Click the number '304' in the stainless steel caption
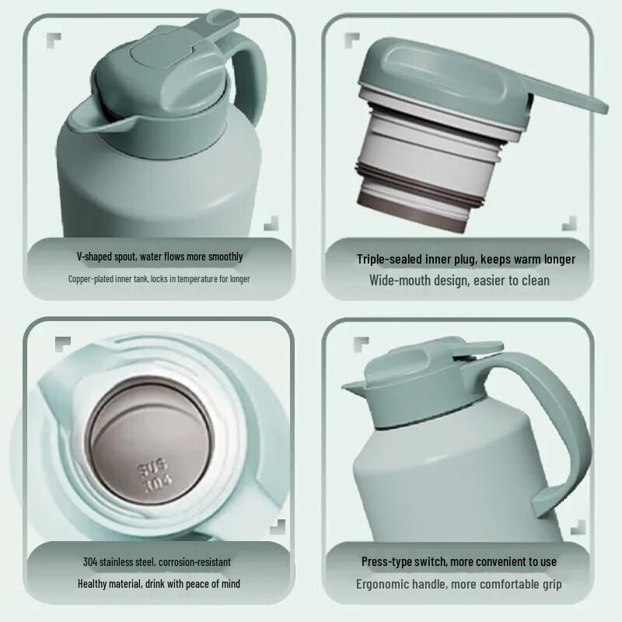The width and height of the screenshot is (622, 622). (x=90, y=561)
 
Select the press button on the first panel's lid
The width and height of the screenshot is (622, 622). (x=161, y=54)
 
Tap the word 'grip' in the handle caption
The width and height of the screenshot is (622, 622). (x=552, y=585)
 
